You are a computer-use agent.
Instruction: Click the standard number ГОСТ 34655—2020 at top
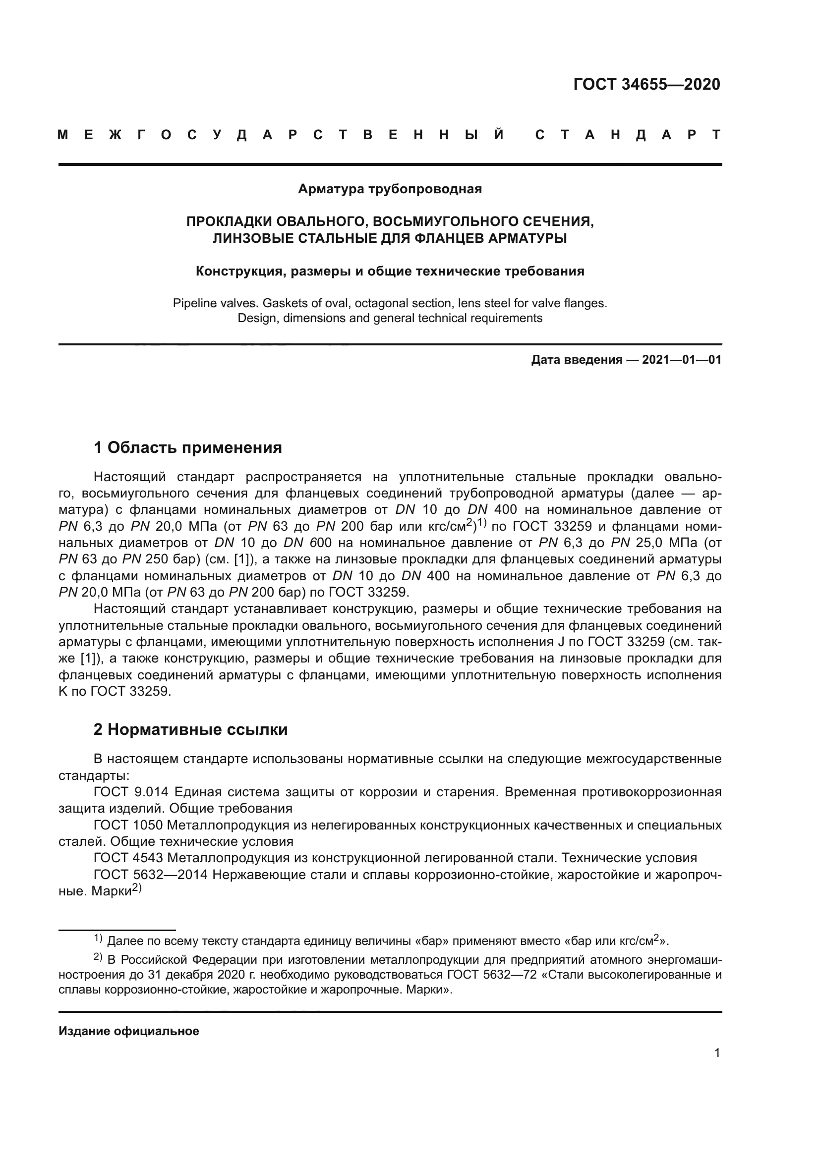[646, 84]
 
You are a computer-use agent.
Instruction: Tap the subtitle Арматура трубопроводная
[390, 189]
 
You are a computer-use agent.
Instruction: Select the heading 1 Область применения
[188, 447]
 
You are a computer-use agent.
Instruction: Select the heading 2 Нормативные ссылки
[190, 729]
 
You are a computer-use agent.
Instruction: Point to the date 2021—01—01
[681, 360]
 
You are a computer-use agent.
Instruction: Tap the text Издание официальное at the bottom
[129, 1031]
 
